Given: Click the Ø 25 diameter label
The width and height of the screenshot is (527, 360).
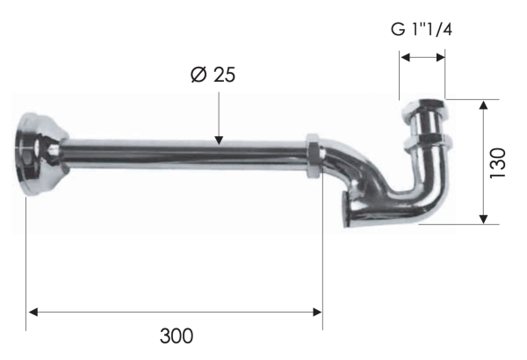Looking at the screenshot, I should tap(212, 75).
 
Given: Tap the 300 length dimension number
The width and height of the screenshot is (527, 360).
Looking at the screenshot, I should tap(177, 335).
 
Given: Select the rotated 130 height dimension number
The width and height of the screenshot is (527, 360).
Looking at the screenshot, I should tap(497, 163).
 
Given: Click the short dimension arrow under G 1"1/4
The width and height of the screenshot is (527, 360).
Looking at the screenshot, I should tap(422, 58).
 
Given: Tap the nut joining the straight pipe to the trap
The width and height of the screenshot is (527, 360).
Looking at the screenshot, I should tap(312, 155).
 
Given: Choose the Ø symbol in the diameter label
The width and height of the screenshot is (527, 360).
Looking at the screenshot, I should tap(198, 75).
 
